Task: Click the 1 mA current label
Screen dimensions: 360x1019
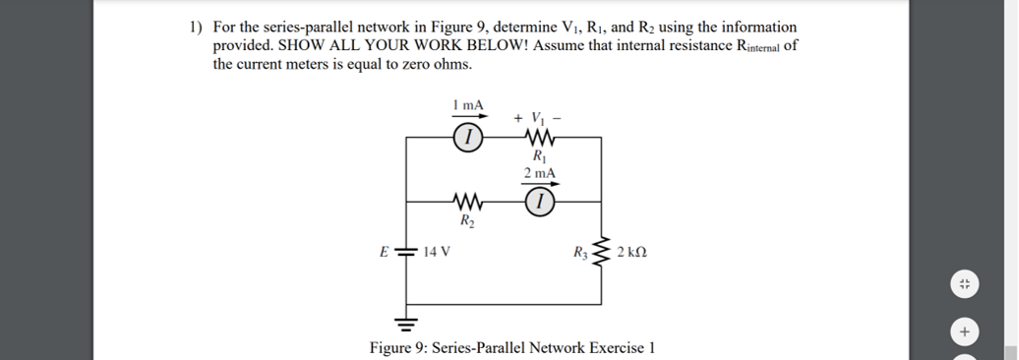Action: (x=468, y=104)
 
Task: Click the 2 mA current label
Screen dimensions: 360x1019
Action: (x=539, y=173)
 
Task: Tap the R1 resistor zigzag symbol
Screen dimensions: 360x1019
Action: (x=538, y=139)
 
